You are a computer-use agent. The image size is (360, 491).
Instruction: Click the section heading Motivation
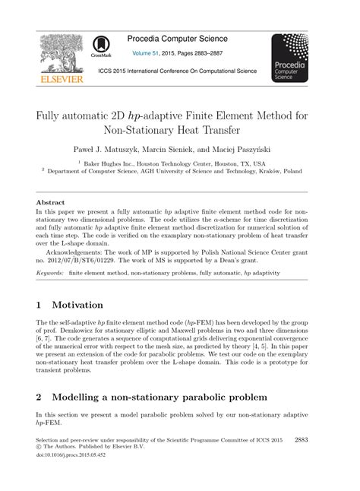87,305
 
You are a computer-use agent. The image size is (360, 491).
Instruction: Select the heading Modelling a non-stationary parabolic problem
159,396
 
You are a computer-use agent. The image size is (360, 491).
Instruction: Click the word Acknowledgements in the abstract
79,250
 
